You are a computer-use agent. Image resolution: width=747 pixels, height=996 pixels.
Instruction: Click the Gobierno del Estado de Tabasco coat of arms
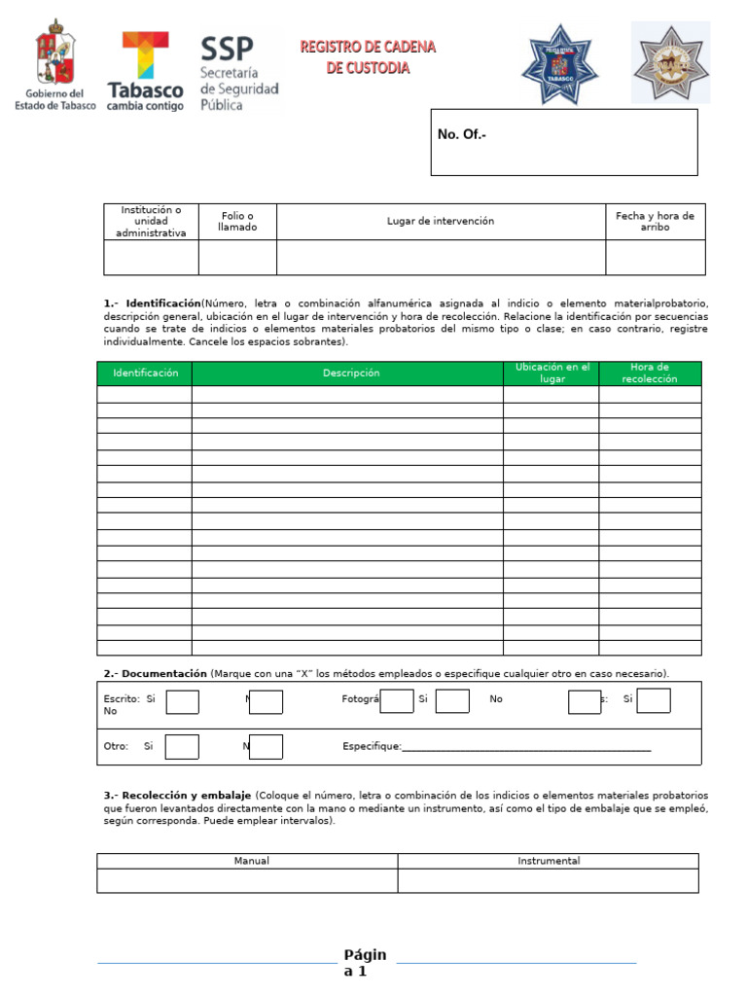(x=54, y=53)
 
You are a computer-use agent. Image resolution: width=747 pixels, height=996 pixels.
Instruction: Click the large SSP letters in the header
(x=226, y=49)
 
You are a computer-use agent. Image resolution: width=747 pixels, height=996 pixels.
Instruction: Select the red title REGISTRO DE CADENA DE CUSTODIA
(x=368, y=57)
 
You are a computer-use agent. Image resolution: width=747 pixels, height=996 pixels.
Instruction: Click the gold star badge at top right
(x=670, y=62)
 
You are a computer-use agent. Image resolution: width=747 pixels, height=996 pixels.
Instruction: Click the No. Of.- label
(x=462, y=135)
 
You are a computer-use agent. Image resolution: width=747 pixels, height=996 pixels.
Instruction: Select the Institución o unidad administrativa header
(x=151, y=222)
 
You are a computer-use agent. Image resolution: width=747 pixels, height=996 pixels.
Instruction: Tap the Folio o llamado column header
(x=237, y=222)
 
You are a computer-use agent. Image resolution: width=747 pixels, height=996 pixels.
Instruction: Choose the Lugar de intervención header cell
(x=441, y=222)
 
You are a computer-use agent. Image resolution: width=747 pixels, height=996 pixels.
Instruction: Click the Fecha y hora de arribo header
(x=655, y=222)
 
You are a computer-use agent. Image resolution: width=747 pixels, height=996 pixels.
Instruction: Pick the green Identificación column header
(x=145, y=373)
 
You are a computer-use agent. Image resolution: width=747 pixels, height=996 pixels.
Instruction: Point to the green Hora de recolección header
(x=649, y=373)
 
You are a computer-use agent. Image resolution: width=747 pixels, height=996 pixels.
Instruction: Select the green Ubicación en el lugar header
(x=551, y=373)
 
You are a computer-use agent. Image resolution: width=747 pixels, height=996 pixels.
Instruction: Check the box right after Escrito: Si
(x=182, y=701)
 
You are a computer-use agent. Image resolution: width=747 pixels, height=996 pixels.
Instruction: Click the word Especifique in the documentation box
(x=372, y=747)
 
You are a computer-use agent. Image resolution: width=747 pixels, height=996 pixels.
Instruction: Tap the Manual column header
(x=252, y=861)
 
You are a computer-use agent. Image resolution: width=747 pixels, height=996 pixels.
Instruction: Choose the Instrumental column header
(x=549, y=861)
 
